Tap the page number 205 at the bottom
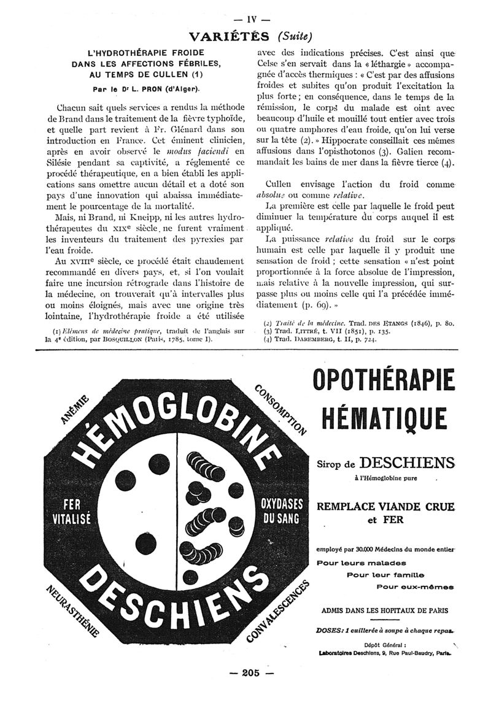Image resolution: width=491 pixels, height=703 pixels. pos(250,672)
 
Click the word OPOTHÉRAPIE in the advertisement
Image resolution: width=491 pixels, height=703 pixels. pos(384,380)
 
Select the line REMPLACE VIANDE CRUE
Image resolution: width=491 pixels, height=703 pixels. pos(385,507)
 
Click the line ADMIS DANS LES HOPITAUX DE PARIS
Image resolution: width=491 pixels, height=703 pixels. pos(385,610)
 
